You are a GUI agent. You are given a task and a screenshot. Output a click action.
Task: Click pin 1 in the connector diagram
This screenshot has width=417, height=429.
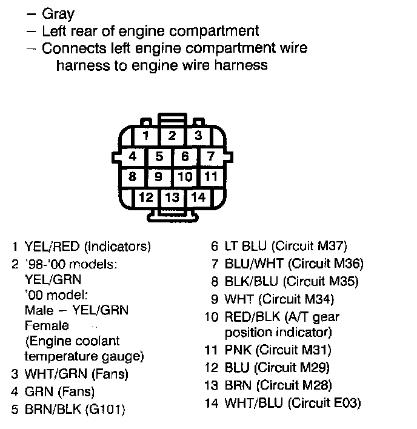[146, 135]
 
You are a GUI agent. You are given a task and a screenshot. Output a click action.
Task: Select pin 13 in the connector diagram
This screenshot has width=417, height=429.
[172, 197]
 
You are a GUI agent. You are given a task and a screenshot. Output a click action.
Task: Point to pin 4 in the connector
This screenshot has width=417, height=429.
[132, 156]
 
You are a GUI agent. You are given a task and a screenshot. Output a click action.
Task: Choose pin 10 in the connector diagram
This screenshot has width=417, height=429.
[185, 177]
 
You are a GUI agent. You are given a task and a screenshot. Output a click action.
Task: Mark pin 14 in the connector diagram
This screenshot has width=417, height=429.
[198, 197]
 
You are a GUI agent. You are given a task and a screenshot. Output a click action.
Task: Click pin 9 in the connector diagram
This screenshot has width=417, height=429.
[159, 177]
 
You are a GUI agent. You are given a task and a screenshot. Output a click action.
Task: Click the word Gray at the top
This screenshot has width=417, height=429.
[58, 13]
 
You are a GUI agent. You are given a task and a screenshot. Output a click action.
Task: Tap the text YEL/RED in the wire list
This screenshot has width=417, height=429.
[52, 247]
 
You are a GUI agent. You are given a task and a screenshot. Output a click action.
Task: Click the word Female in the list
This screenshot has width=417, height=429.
[46, 326]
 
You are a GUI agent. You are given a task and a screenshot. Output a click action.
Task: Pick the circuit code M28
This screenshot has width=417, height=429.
[313, 385]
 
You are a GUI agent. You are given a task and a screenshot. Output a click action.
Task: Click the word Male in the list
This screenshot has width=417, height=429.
[39, 310]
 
